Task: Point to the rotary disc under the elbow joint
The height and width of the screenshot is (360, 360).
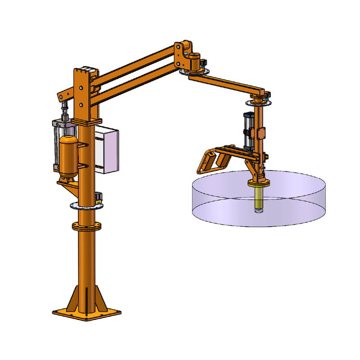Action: [x=194, y=72]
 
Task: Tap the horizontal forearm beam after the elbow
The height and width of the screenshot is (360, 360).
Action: [x=225, y=83]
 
